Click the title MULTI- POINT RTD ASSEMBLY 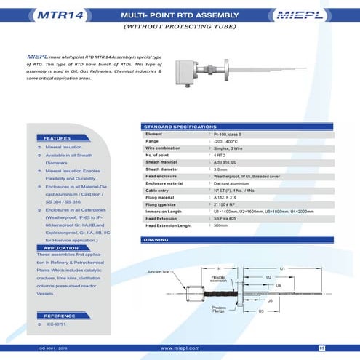[179, 14]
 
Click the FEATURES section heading [57, 137]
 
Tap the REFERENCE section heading [56, 316]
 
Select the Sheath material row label [164, 162]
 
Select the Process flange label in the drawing [219, 309]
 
